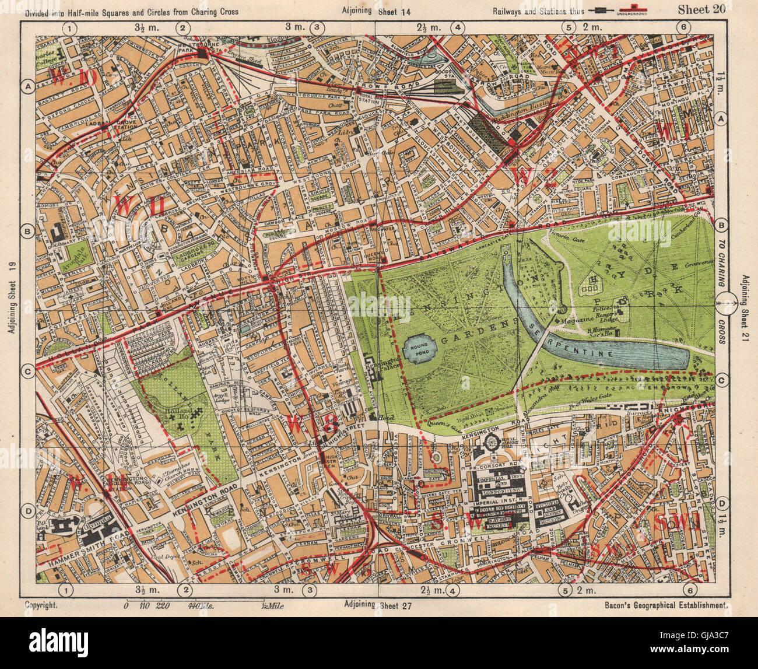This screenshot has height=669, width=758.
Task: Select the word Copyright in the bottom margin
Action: [41, 606]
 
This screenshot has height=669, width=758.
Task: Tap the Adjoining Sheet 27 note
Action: [378, 605]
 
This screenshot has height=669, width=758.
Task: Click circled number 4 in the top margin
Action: [458, 27]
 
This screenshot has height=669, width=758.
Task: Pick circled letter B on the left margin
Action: [27, 232]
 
